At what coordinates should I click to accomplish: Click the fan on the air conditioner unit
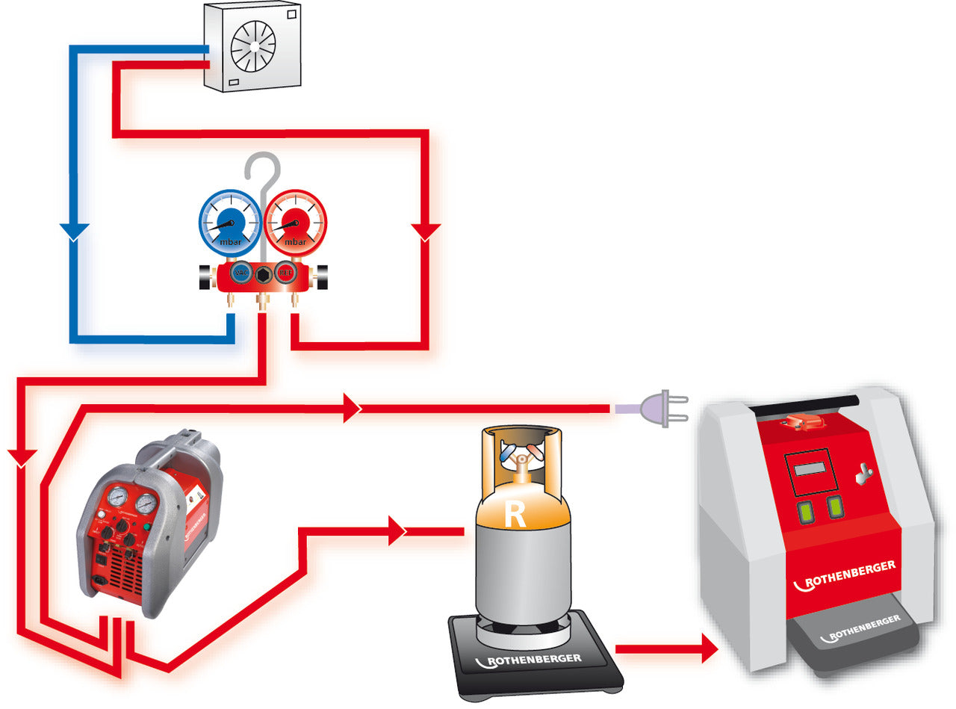253,46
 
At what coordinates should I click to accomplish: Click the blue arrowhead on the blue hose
74,231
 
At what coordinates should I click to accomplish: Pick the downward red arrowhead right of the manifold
425,231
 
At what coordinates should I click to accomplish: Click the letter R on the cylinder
515,515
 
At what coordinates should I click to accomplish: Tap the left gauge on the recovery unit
117,497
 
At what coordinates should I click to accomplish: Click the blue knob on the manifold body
240,273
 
